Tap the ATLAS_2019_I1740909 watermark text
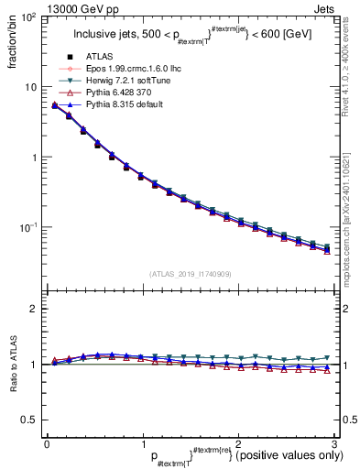click(x=190, y=272)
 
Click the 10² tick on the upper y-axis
click(x=29, y=18)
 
